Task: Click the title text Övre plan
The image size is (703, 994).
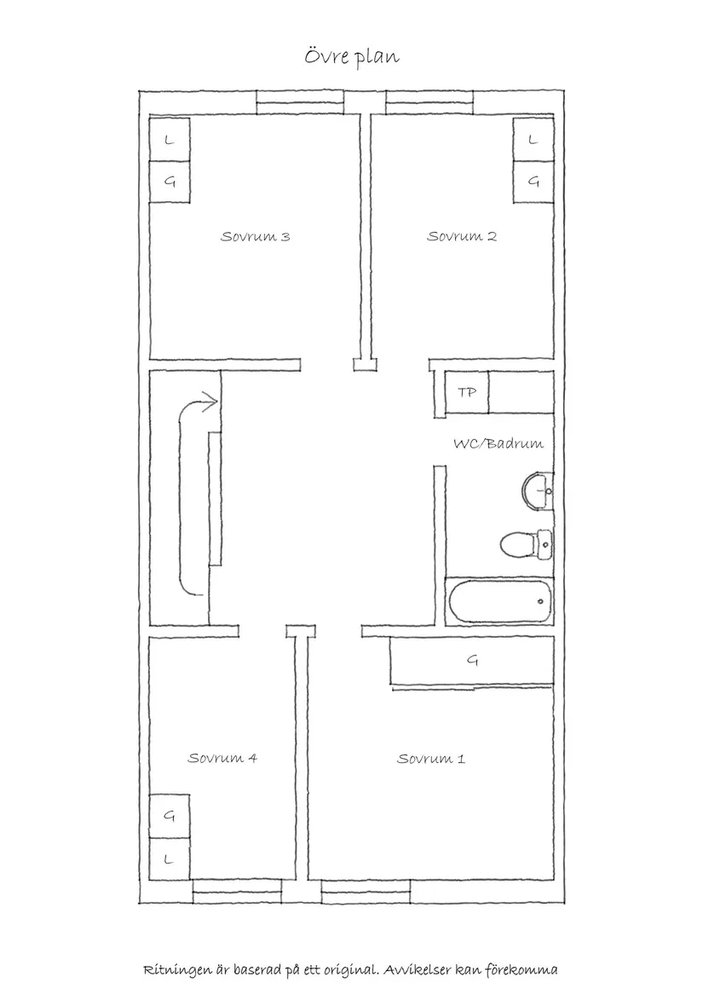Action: point(352,56)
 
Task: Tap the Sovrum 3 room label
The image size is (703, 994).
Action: point(255,236)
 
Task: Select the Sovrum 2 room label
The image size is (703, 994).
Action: point(461,236)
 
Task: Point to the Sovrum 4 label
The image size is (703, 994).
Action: point(222,757)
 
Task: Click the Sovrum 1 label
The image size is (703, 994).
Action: point(430,758)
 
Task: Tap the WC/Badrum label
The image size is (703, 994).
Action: point(498,443)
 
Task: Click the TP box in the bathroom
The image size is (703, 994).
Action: point(466,393)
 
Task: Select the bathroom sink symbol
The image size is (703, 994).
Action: point(537,490)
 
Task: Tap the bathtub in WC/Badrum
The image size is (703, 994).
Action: point(498,601)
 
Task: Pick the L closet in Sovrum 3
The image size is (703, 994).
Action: point(169,140)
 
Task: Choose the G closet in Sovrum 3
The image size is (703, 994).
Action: point(169,182)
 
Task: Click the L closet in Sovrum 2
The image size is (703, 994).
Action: point(533,140)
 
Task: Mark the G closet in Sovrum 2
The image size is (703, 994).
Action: point(533,182)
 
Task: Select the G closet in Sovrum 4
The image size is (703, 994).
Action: point(169,816)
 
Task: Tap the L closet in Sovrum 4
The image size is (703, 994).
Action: point(169,859)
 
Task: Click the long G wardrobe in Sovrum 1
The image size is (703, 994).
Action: point(471,661)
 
